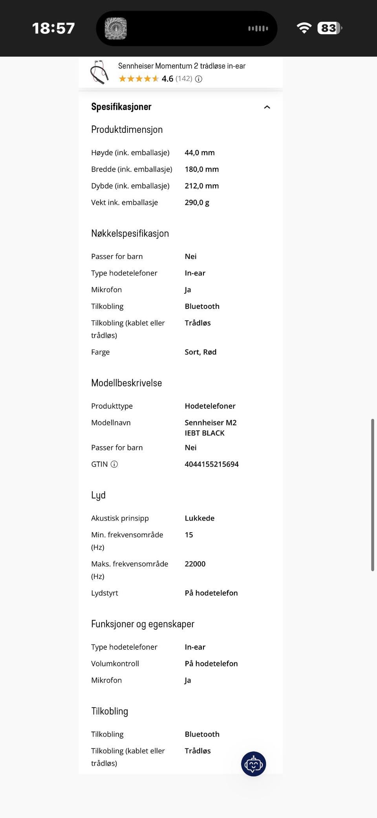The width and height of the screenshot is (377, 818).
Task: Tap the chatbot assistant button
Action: coord(253,764)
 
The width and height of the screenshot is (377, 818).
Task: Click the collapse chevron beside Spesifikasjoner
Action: coord(267,107)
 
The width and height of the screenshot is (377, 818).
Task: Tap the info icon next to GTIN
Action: coord(114,464)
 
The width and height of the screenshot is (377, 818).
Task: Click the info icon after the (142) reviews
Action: coord(199,79)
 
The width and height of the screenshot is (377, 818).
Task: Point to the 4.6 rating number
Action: coord(167,79)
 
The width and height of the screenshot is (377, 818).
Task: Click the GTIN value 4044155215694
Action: coord(212,464)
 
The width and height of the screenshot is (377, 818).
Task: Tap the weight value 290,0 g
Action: coord(197,202)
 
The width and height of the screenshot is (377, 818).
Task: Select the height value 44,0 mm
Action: coord(199,153)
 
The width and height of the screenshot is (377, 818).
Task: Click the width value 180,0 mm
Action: coord(201,169)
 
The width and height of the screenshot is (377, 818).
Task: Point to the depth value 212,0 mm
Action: coord(201,186)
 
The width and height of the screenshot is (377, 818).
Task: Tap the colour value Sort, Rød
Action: coord(200,352)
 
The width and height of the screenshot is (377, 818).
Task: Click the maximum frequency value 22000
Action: coord(195,564)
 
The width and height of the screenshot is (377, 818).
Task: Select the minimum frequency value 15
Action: coord(189,535)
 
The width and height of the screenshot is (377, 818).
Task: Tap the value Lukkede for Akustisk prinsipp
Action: coord(199,518)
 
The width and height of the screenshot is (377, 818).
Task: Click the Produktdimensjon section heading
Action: coord(127,130)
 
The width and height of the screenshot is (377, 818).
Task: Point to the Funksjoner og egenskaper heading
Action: coord(143,624)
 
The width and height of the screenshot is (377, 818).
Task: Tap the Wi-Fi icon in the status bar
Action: coord(304,28)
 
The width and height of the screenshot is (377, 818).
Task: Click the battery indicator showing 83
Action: coord(329,28)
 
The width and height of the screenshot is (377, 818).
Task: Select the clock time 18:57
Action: coord(53,28)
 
